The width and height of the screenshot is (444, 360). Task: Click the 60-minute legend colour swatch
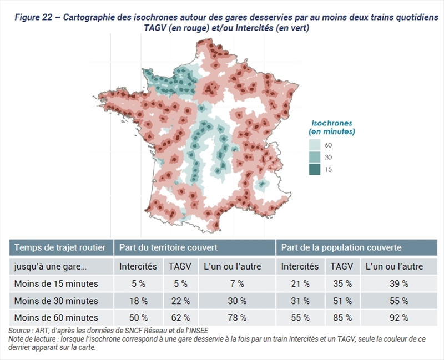pyautogui.click(x=315, y=145)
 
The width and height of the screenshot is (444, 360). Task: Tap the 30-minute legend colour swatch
pyautogui.click(x=315, y=157)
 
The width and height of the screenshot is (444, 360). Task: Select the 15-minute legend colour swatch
pyautogui.click(x=315, y=169)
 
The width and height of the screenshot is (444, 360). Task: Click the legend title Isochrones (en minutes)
pyautogui.click(x=332, y=127)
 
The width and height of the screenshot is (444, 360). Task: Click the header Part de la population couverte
pyautogui.click(x=341, y=247)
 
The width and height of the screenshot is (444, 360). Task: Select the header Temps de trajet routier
pyautogui.click(x=57, y=247)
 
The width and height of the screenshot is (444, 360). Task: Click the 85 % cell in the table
pyautogui.click(x=341, y=318)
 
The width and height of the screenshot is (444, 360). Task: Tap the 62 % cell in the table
pyautogui.click(x=179, y=318)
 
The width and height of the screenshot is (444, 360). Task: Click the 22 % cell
pyautogui.click(x=179, y=301)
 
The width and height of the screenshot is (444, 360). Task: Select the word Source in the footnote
pyautogui.click(x=19, y=331)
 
